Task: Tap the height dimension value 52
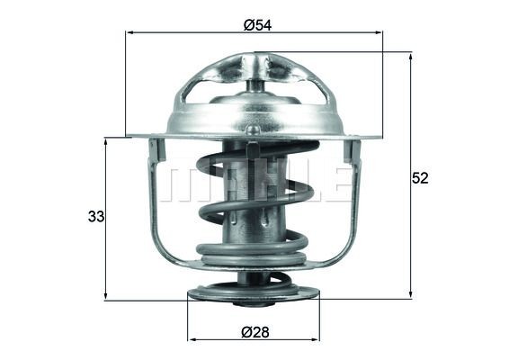click(x=420, y=178)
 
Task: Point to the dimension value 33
click(x=95, y=217)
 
